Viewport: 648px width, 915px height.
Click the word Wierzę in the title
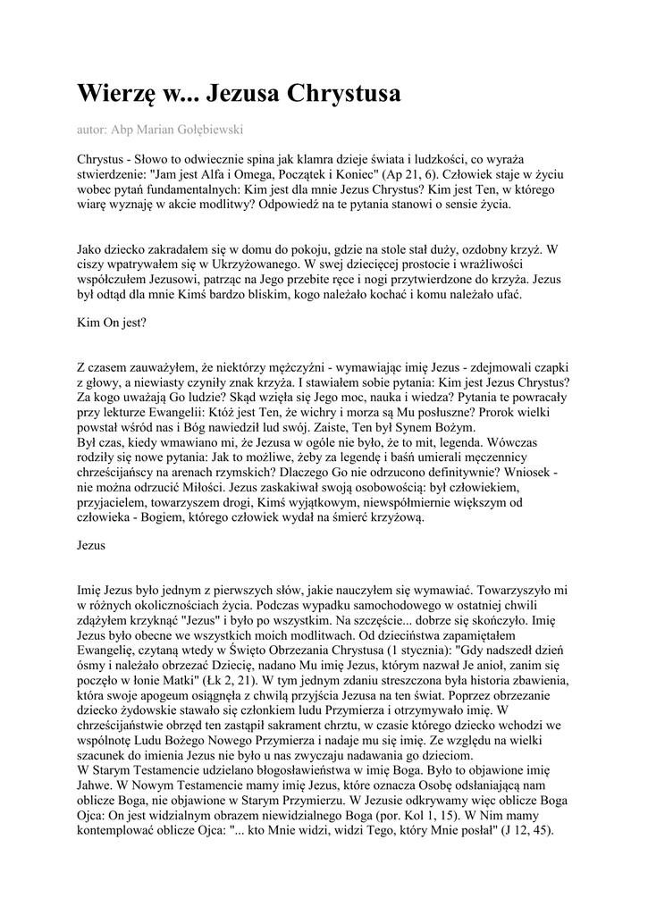click(114, 94)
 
